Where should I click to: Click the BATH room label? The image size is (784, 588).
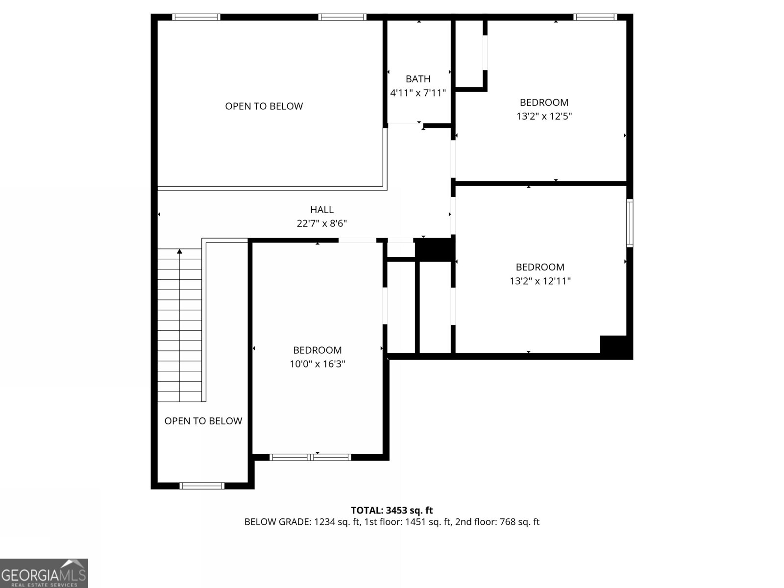pos(418,79)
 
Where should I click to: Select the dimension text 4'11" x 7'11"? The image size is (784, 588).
pos(418,93)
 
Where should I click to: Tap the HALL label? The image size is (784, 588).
pos(322,210)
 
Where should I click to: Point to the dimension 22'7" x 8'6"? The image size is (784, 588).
pos(322,223)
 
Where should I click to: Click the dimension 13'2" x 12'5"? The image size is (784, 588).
pos(544,116)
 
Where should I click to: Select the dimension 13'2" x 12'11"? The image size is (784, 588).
pos(540,281)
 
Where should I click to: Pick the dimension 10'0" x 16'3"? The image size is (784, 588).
pos(318,364)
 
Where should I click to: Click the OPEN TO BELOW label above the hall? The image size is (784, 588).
pos(264,106)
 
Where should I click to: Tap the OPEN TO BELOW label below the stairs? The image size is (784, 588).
pos(203,421)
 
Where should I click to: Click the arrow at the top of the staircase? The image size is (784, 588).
pos(179,251)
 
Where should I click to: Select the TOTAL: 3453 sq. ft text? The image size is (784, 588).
pos(392,511)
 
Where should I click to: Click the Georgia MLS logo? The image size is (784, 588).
pos(44,573)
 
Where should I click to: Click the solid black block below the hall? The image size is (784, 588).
pos(433,249)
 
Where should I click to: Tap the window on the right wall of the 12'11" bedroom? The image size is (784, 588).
pos(630,222)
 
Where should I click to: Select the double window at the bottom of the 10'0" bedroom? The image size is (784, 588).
pos(310,457)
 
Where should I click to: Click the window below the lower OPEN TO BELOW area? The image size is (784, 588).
pos(202,486)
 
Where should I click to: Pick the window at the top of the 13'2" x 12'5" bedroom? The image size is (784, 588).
pos(595,17)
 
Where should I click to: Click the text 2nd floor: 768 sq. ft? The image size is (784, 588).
pos(497,522)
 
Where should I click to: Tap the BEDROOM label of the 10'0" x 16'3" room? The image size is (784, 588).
pos(318,350)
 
